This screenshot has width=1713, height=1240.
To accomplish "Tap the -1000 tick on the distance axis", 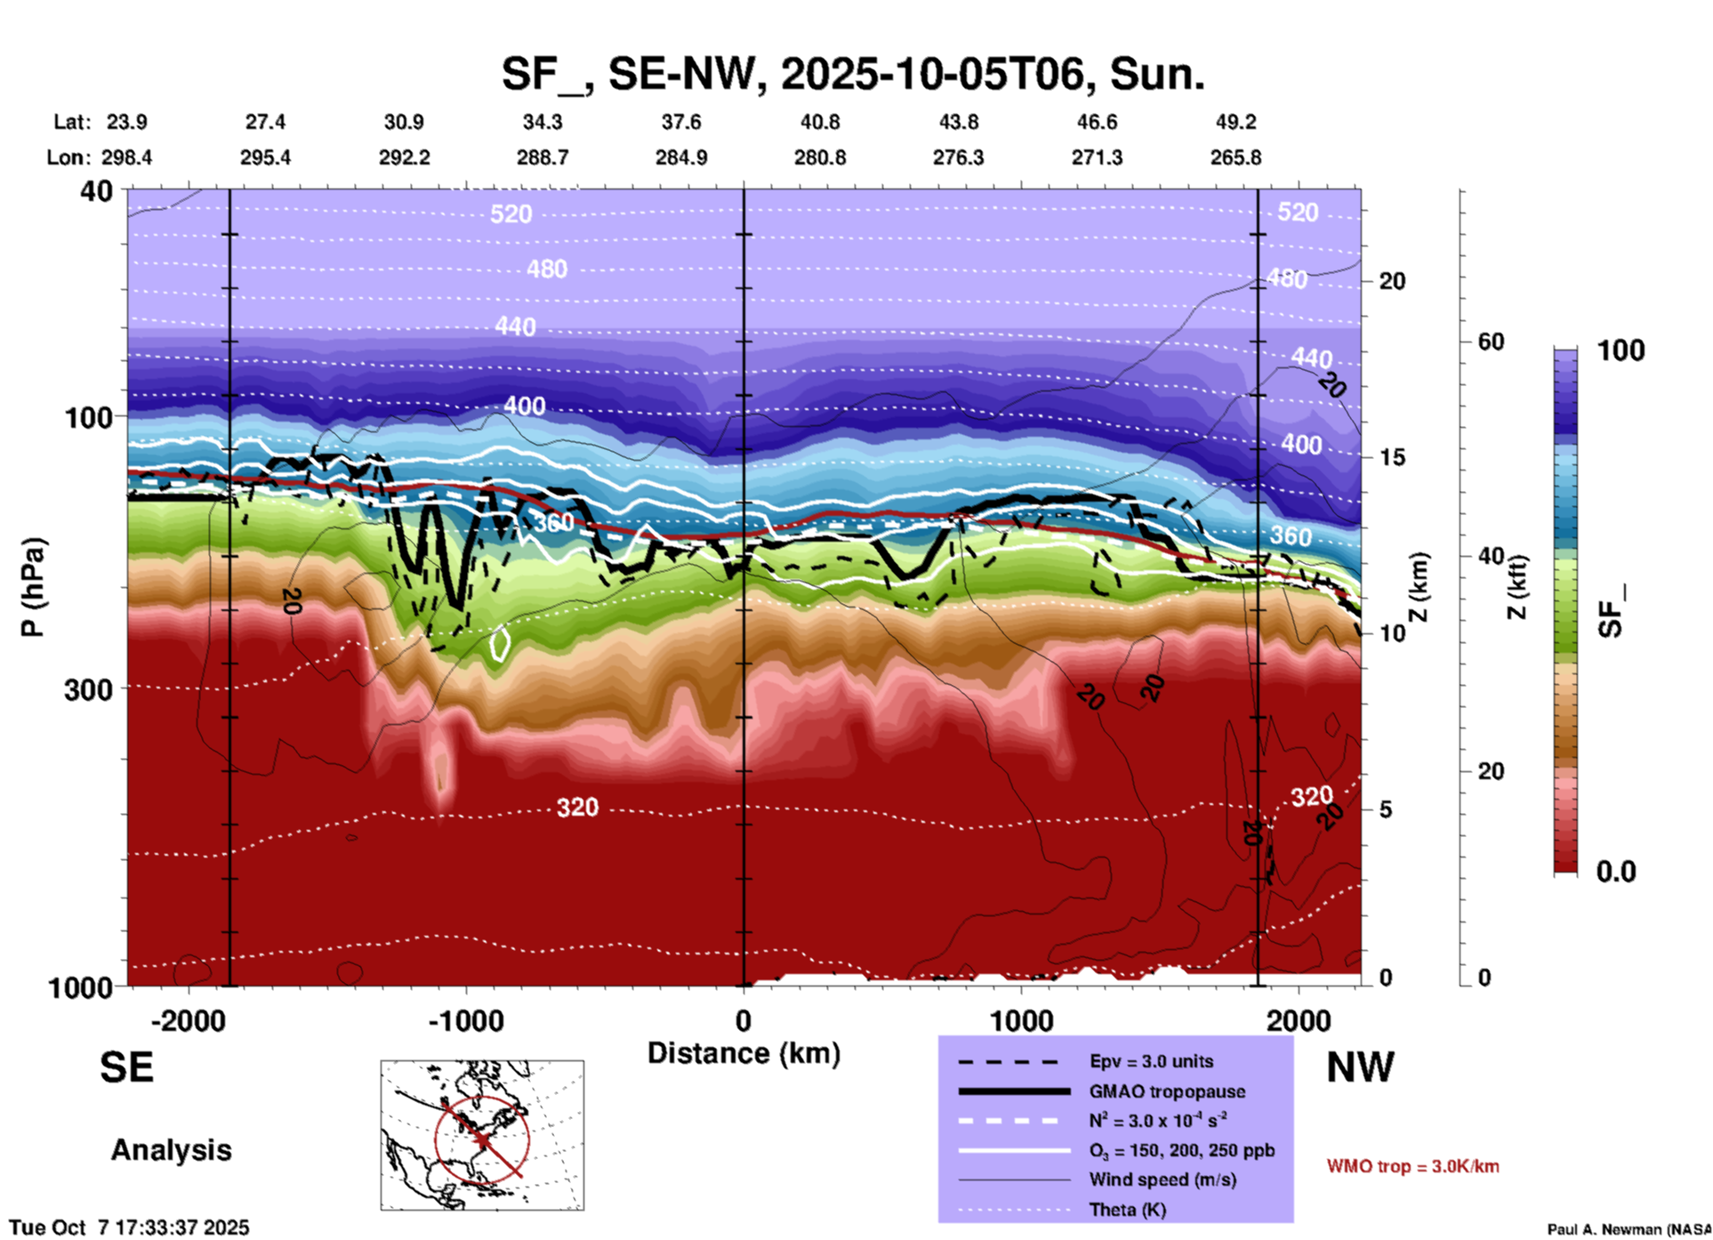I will (x=465, y=1020).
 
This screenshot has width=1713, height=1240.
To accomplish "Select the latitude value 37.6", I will (x=681, y=122).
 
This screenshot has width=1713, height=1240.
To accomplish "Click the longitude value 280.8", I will (x=819, y=158).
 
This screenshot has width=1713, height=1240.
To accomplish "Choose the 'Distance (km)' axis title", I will (x=744, y=1053).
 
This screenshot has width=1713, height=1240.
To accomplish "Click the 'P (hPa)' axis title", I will (x=33, y=587).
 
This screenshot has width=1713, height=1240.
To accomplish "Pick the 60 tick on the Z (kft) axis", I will (x=1491, y=342).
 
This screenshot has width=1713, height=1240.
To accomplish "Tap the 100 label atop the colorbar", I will (x=1621, y=350).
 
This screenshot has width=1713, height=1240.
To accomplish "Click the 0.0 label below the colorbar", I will (x=1616, y=872).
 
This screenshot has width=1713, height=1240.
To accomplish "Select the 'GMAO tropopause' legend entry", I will (x=1167, y=1091).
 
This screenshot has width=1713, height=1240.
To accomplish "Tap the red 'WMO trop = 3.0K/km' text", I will (x=1412, y=1166).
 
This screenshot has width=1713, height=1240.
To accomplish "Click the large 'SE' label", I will (x=126, y=1067).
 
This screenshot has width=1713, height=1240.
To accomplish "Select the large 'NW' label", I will (x=1360, y=1067).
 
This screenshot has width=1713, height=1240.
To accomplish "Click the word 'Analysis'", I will (x=171, y=1150).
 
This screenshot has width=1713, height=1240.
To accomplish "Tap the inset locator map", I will (x=482, y=1134).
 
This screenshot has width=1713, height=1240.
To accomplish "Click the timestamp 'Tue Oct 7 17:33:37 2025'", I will (x=130, y=1228).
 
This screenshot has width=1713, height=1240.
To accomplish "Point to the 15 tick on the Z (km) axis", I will (x=1392, y=457).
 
